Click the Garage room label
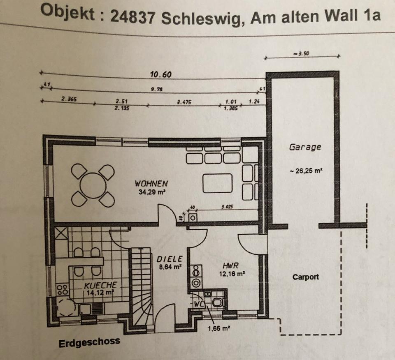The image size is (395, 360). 305,147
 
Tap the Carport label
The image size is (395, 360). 306,277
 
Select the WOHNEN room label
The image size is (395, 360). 151,183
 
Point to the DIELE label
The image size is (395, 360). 170,259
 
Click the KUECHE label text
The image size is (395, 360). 100,285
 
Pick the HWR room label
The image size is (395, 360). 230,265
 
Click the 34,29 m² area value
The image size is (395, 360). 152,192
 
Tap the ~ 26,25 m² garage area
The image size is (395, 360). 306,171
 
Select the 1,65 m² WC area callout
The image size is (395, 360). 219,328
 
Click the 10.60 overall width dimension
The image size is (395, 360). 161,74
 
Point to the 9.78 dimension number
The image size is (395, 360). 157,89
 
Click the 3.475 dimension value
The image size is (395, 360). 184,102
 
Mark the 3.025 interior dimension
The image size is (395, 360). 227,207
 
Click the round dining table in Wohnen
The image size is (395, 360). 93,186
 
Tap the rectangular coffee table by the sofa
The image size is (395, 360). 218,183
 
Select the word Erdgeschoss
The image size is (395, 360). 89,343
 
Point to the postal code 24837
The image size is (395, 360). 132,17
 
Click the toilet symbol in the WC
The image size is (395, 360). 217,302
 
